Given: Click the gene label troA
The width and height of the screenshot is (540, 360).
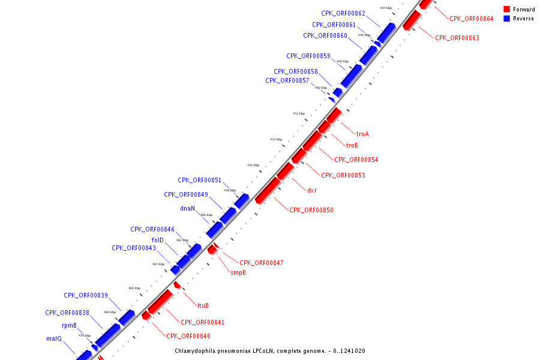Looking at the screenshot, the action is (x=362, y=134).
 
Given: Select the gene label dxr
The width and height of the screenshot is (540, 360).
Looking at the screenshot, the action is (x=312, y=190).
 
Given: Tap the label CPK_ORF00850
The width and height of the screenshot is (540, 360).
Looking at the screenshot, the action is (x=311, y=210).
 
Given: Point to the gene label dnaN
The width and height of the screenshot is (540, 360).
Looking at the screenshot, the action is (x=188, y=209).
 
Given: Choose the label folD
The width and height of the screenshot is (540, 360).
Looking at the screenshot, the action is (x=158, y=240).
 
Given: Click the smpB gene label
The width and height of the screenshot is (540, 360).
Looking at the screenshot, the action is (x=238, y=272).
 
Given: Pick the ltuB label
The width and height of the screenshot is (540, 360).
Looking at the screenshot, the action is (x=203, y=305).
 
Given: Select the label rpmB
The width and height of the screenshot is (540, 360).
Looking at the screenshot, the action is (x=69, y=325).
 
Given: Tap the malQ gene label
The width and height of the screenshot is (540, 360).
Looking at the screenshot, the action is (x=54, y=338).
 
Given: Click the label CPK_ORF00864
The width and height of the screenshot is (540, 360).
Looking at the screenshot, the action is (x=472, y=19).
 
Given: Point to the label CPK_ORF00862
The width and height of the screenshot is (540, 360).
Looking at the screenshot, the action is (x=343, y=13).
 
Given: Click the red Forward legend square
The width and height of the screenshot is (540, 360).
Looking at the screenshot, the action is (x=507, y=9).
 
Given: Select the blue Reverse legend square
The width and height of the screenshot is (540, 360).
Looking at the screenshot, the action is (x=507, y=19).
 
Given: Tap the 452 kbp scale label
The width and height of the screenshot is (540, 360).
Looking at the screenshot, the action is (x=299, y=113).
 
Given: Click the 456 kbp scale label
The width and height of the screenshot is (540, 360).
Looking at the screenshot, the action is (x=253, y=165).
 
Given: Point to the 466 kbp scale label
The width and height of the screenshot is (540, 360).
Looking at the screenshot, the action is (x=134, y=288).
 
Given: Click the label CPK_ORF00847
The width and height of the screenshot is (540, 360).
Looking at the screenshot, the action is (x=262, y=263).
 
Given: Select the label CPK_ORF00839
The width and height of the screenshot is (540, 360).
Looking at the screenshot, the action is (x=86, y=295).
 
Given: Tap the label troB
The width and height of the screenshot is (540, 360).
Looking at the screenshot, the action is (x=352, y=145).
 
